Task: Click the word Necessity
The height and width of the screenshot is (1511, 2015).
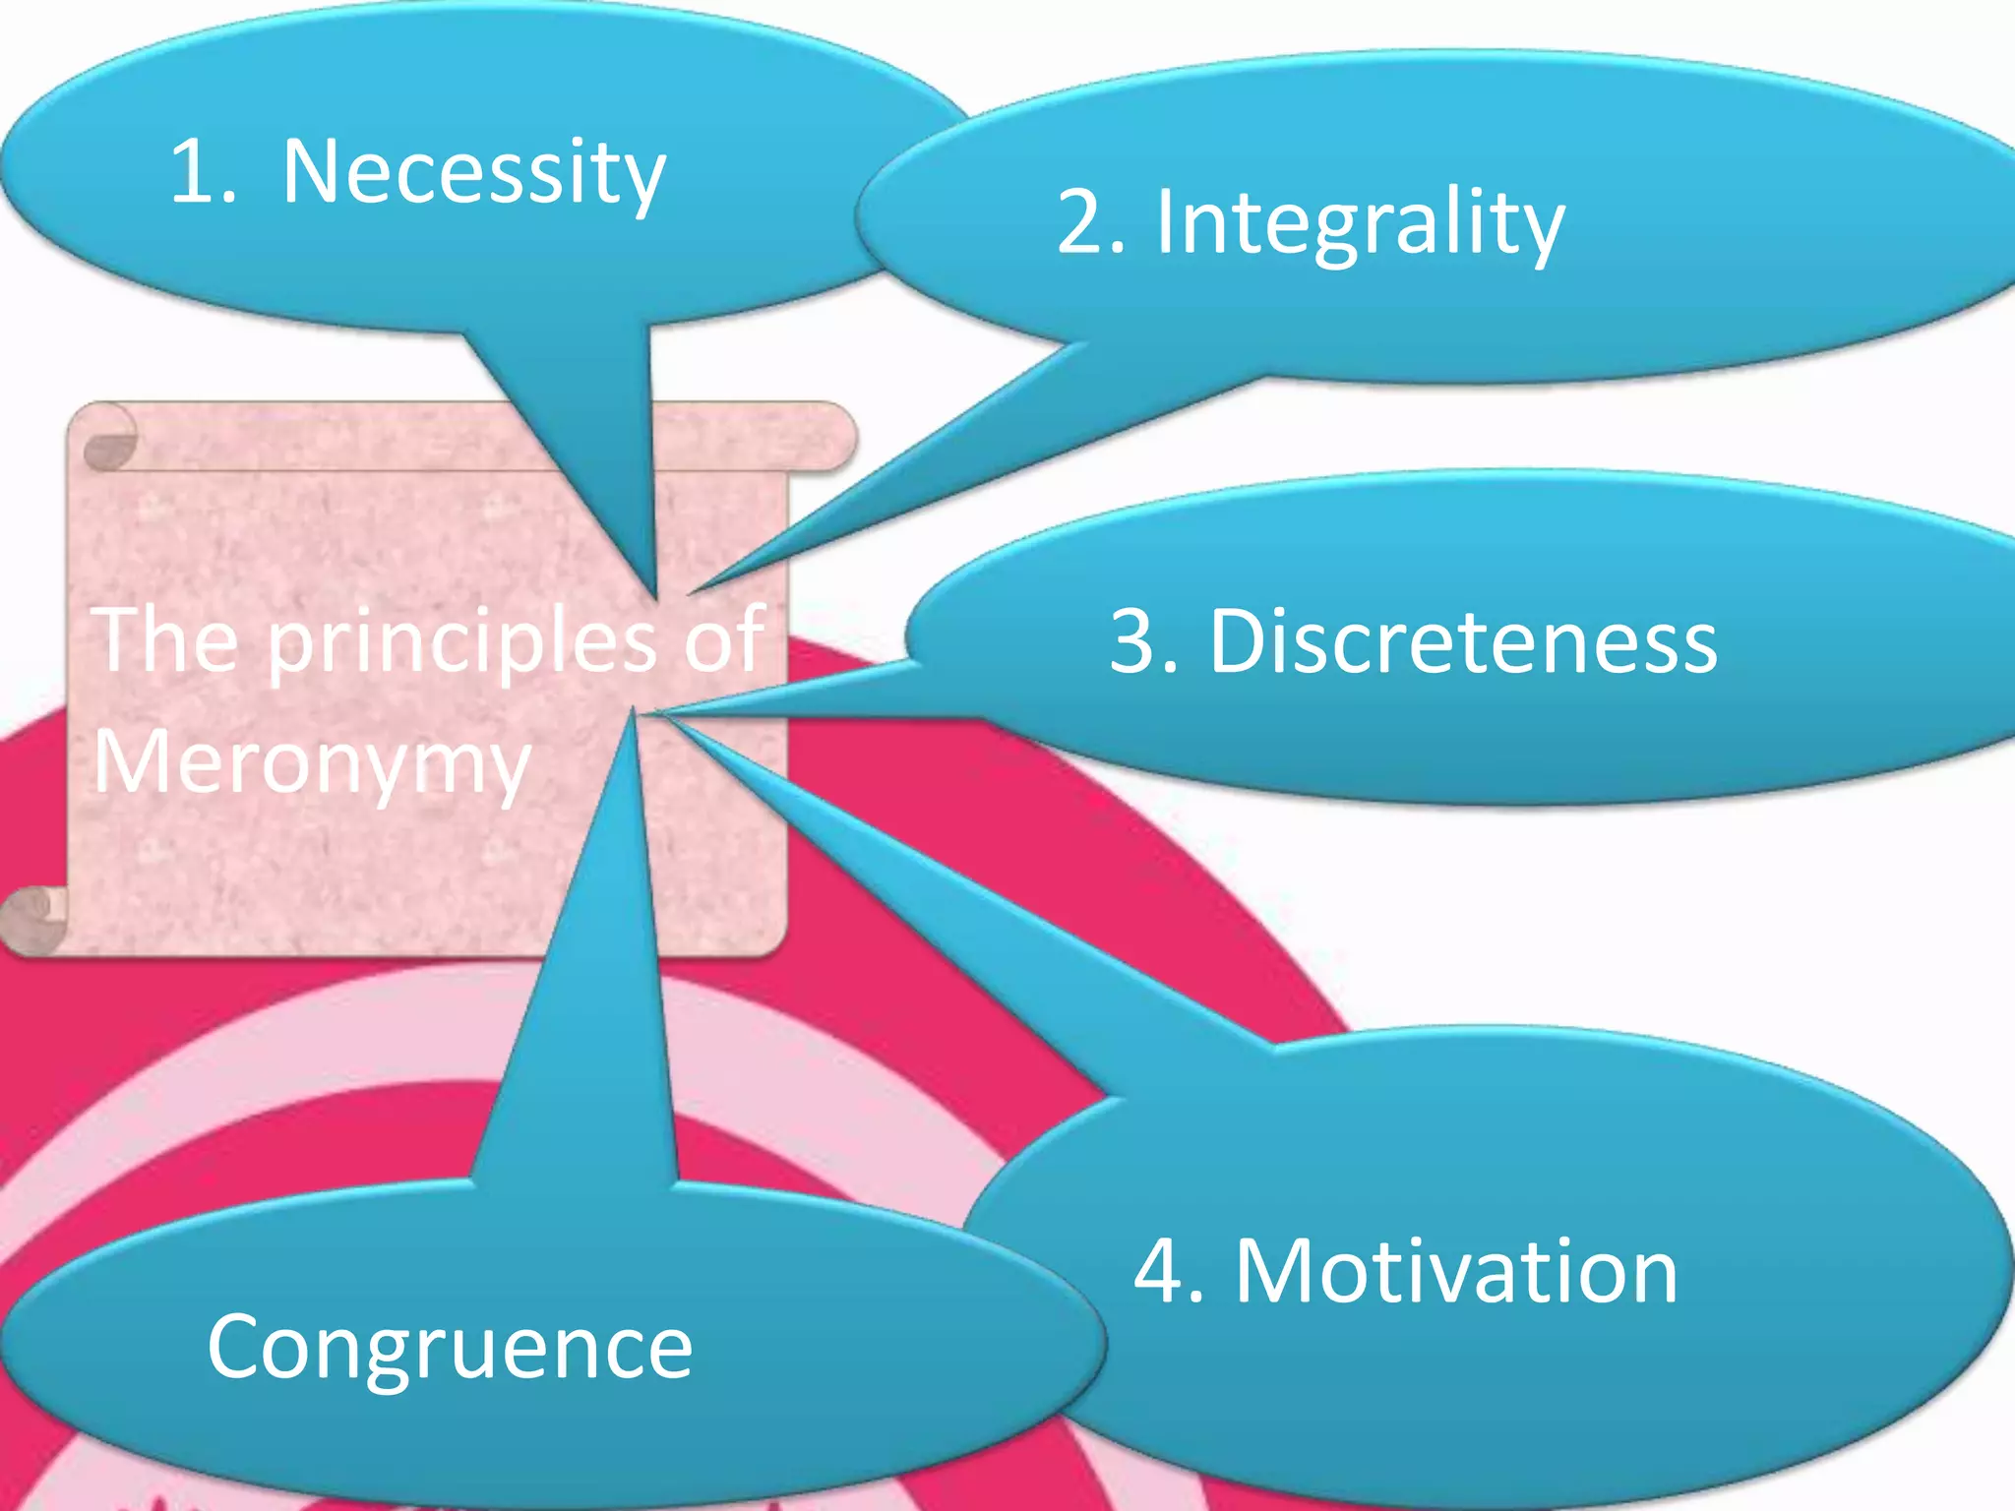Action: pyautogui.click(x=473, y=173)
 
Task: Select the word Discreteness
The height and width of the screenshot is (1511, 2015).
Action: pyautogui.click(x=1463, y=641)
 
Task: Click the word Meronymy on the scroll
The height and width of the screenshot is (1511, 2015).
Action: pyautogui.click(x=312, y=763)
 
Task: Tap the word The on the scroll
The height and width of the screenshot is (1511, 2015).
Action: pyautogui.click(x=167, y=639)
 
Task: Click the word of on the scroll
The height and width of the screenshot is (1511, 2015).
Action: pyautogui.click(x=724, y=639)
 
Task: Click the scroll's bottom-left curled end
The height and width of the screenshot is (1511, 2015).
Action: pyautogui.click(x=35, y=917)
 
